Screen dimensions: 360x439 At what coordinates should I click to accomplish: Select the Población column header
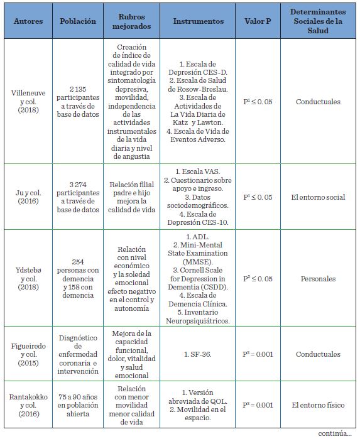78,21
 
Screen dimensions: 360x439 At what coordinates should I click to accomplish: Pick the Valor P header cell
258,21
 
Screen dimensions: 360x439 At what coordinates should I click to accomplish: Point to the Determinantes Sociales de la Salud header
318,21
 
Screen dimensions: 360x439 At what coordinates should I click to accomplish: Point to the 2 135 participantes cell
78,102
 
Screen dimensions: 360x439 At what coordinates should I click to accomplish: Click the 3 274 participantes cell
78,197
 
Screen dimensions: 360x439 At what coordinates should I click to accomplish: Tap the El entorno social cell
318,197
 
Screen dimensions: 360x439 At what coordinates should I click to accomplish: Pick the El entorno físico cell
318,405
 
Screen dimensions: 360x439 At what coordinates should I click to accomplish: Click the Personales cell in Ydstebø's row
318,278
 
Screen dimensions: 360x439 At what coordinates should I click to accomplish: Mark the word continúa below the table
334,433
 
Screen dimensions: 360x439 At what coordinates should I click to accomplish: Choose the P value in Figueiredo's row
258,354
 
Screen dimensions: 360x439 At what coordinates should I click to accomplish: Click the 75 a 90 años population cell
78,405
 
